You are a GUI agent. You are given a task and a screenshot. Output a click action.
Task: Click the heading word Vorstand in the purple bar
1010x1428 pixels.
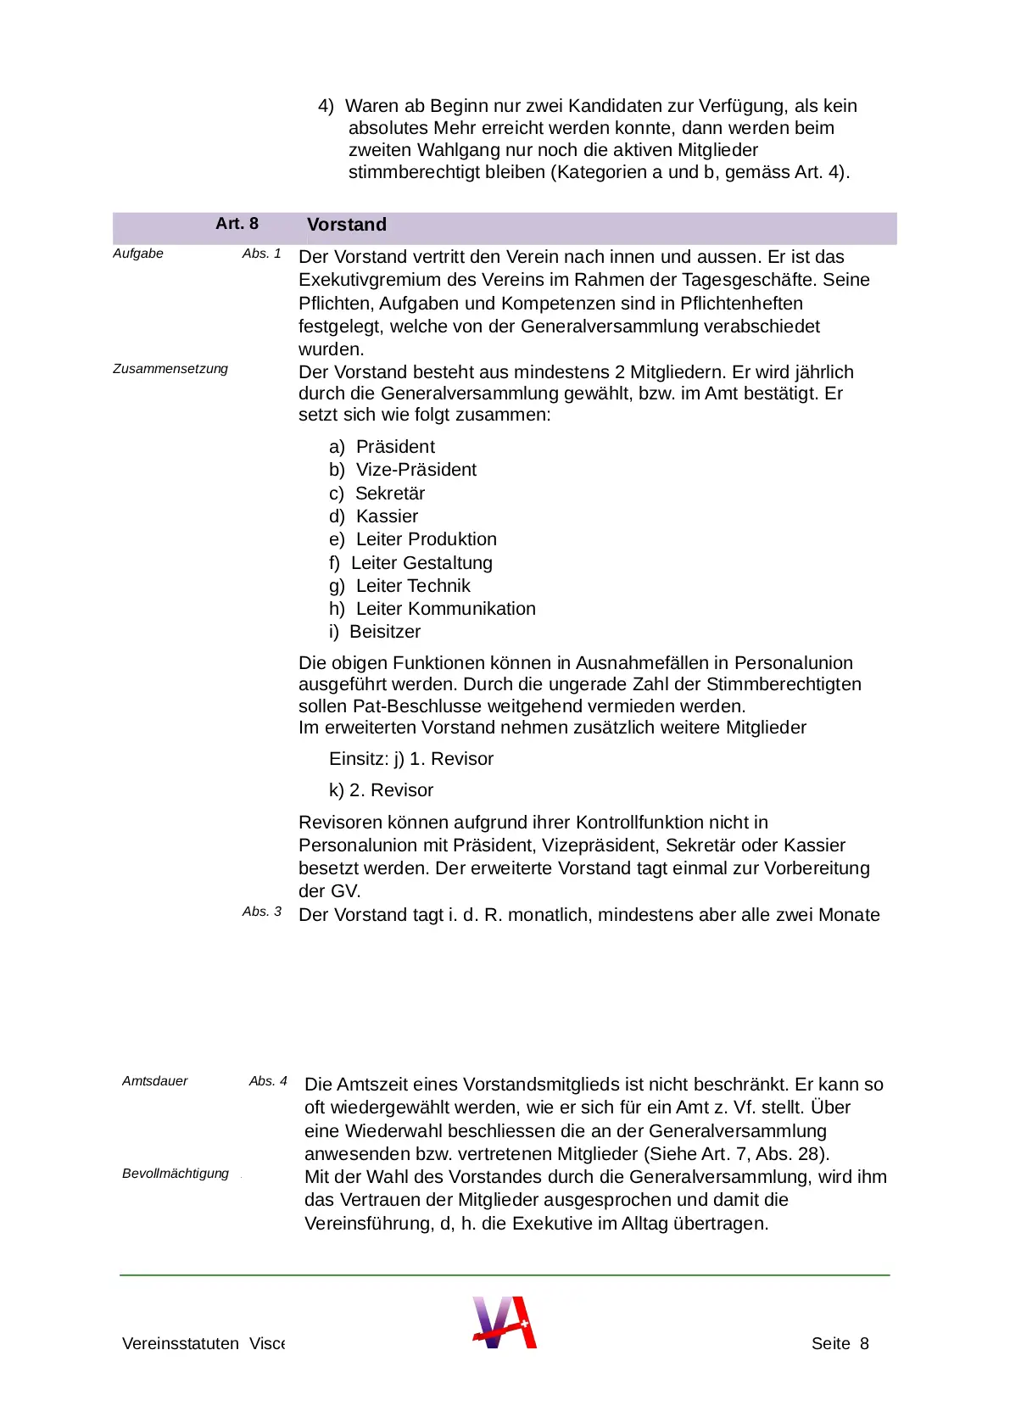[346, 225]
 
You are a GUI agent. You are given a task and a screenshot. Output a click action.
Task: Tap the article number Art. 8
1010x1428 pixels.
[237, 224]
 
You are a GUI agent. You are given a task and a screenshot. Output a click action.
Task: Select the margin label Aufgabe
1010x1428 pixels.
[138, 254]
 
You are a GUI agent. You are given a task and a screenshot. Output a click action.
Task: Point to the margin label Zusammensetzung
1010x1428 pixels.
[170, 369]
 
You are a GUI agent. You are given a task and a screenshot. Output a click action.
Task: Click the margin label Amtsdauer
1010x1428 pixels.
[154, 1081]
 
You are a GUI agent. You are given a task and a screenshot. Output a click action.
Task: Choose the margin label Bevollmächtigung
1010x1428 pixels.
[176, 1174]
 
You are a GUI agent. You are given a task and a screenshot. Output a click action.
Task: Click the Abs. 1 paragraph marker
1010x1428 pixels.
[261, 254]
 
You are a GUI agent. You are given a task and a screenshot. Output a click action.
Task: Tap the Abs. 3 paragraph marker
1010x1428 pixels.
[261, 912]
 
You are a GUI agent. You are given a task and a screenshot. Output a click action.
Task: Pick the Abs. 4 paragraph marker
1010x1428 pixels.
[268, 1081]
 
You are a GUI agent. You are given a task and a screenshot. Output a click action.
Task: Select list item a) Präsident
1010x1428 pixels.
[382, 447]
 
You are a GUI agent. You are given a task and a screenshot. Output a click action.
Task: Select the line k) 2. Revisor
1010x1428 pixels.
[381, 790]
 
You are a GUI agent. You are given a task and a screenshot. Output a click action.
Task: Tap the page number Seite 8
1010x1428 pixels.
[840, 1343]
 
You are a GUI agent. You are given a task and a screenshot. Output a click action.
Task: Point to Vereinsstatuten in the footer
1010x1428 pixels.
[181, 1343]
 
